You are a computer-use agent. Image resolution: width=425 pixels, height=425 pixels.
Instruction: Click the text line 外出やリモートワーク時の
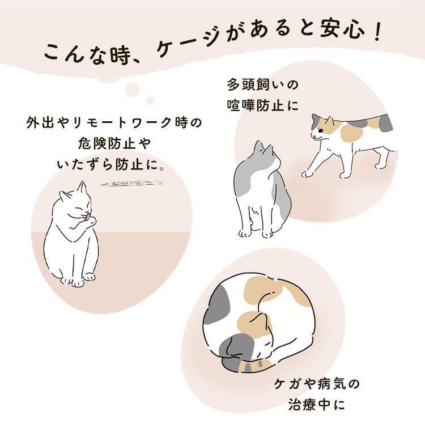(x=114, y=122)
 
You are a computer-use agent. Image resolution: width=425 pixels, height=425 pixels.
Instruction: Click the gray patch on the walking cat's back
(x=382, y=121)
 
